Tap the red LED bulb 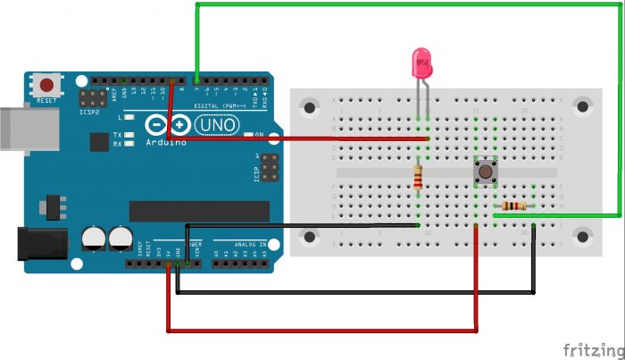(x=421, y=63)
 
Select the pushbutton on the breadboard (x=484, y=170)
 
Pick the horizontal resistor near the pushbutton (x=514, y=206)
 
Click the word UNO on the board (x=215, y=127)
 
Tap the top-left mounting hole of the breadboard (x=311, y=108)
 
